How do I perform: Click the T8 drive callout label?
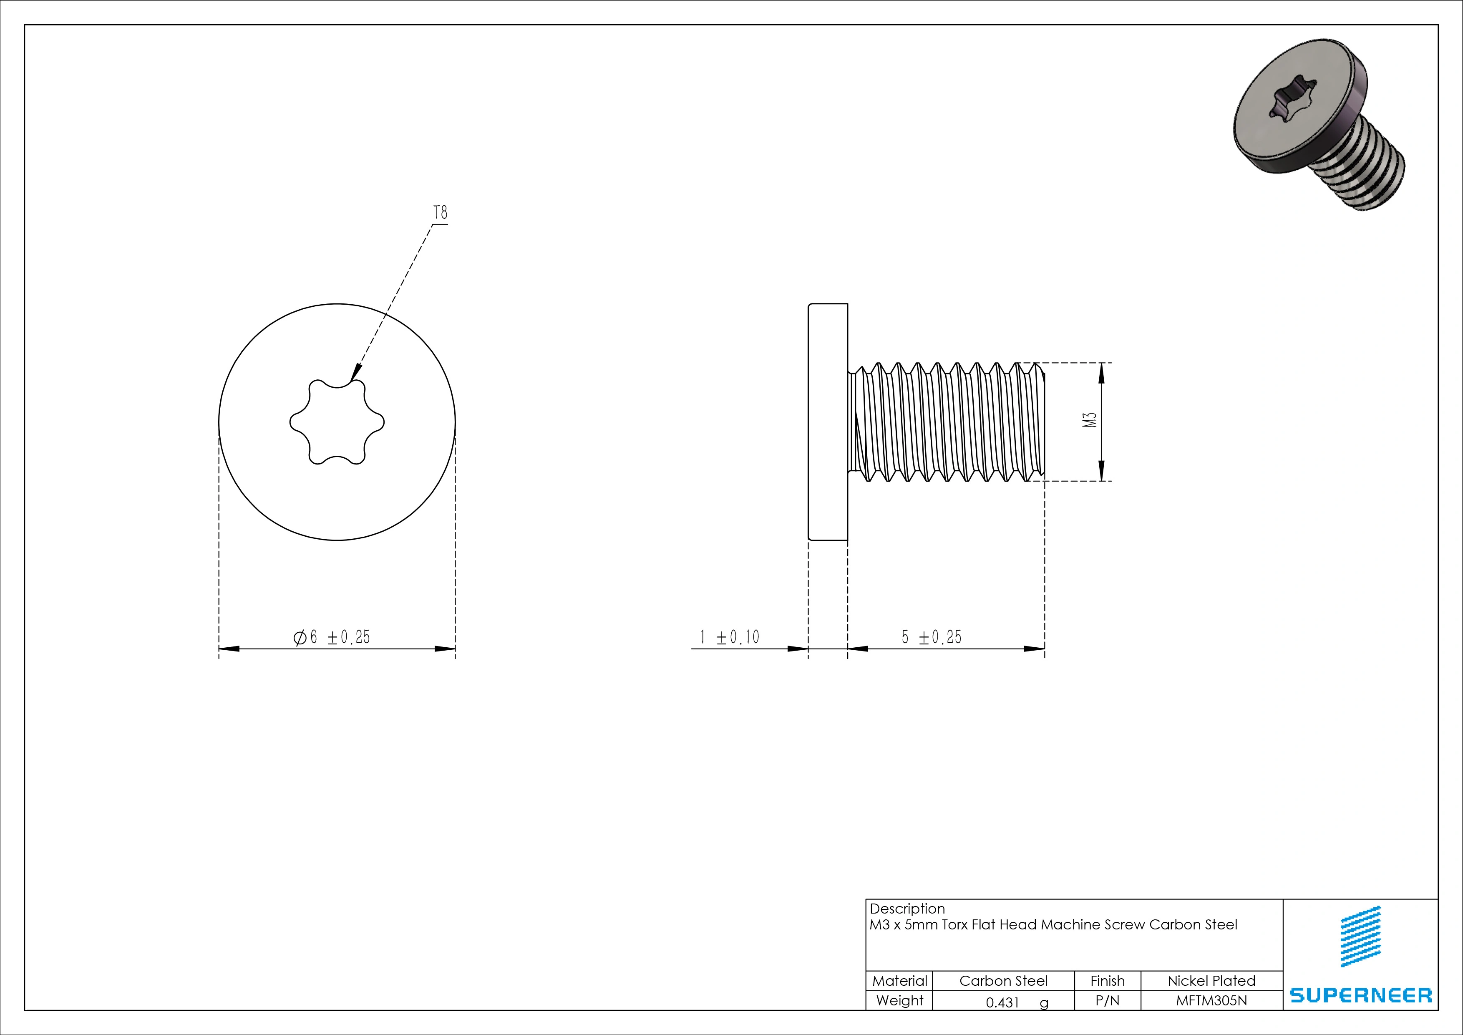tap(440, 212)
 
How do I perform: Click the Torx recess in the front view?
tap(337, 422)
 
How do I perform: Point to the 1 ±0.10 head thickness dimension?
tap(730, 637)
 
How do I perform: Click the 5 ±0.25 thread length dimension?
tap(932, 637)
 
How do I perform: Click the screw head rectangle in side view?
tap(828, 422)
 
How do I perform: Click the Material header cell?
tap(899, 981)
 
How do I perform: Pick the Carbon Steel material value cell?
tap(1003, 981)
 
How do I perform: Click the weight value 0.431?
tap(1003, 1002)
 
